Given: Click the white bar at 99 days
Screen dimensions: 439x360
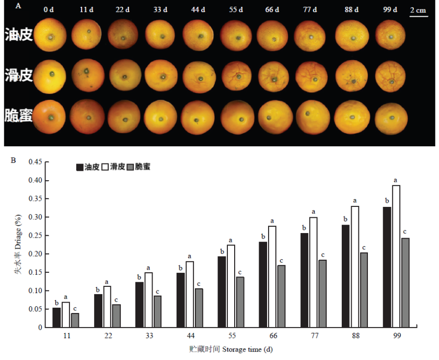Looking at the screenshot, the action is tap(396, 256).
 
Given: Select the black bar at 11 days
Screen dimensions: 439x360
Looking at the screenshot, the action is tap(56, 318).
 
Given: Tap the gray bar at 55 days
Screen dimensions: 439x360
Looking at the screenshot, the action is tap(240, 302).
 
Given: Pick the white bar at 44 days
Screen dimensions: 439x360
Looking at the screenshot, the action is tap(190, 294).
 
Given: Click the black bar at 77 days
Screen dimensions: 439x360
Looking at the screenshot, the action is tap(304, 280).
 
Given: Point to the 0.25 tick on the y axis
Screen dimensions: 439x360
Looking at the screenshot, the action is tap(44, 236).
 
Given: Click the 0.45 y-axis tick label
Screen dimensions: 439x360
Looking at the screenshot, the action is tap(35, 162).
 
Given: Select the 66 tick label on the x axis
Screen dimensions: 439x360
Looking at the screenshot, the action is tap(273, 335).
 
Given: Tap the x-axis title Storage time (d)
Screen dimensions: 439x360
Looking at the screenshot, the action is tap(248, 350).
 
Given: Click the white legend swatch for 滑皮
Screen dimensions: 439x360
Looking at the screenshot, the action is tap(105, 167).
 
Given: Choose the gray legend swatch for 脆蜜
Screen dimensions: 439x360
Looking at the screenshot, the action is tap(130, 167).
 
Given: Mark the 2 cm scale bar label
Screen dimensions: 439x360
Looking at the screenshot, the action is tap(418, 10).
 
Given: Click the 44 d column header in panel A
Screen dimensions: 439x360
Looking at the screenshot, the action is tap(198, 9).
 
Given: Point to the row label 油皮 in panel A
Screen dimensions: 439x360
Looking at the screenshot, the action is tap(18, 34).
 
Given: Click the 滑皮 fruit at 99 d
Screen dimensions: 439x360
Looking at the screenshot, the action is tap(390, 76).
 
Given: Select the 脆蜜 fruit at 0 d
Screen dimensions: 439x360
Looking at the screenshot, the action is tap(49, 117).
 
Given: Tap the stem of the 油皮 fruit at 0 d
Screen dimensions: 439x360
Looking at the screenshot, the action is tap(50, 37).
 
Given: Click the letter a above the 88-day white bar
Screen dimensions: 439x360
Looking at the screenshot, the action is tap(355, 201).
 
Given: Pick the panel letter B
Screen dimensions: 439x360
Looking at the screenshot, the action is tap(13, 160).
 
